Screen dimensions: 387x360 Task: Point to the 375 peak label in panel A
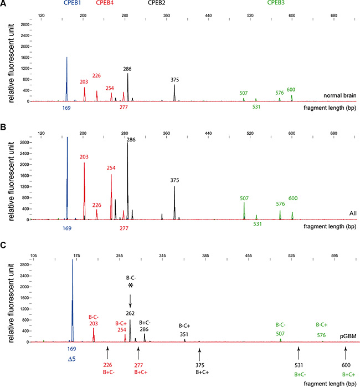174,78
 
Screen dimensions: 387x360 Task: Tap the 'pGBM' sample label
349,336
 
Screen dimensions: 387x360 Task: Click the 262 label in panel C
130,314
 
